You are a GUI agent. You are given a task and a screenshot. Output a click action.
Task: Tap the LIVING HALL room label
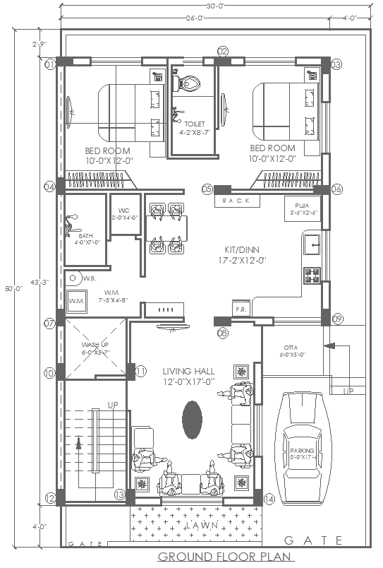click(x=188, y=376)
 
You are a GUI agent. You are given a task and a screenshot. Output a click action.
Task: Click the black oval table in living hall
click(x=191, y=418)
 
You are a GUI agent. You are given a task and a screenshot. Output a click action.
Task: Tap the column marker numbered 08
click(x=223, y=332)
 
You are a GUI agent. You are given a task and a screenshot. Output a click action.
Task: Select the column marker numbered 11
click(x=140, y=371)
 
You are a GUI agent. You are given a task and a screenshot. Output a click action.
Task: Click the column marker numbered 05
click(x=207, y=189)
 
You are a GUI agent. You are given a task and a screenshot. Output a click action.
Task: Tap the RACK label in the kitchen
click(x=232, y=201)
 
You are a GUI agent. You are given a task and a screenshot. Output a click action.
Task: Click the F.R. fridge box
click(x=239, y=309)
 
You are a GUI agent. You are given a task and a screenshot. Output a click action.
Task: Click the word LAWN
click(x=202, y=526)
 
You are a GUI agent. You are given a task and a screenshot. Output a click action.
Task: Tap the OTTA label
click(x=290, y=348)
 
